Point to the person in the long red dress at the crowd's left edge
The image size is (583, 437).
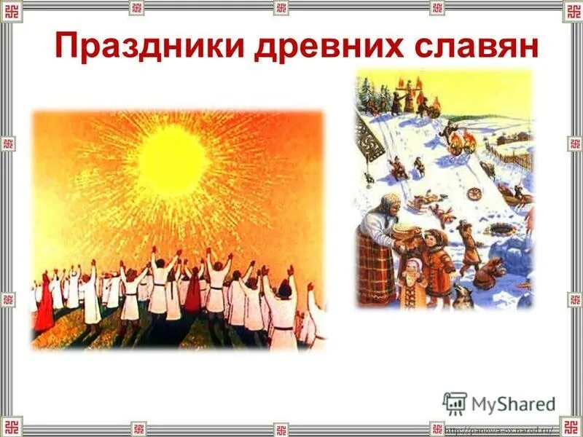pos(45,302)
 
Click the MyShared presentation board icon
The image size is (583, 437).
pos(455,403)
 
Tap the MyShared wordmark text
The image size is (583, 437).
pos(514,404)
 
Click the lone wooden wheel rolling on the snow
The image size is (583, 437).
pos(476,195)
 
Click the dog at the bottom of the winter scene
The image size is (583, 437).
pos(485,273)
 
